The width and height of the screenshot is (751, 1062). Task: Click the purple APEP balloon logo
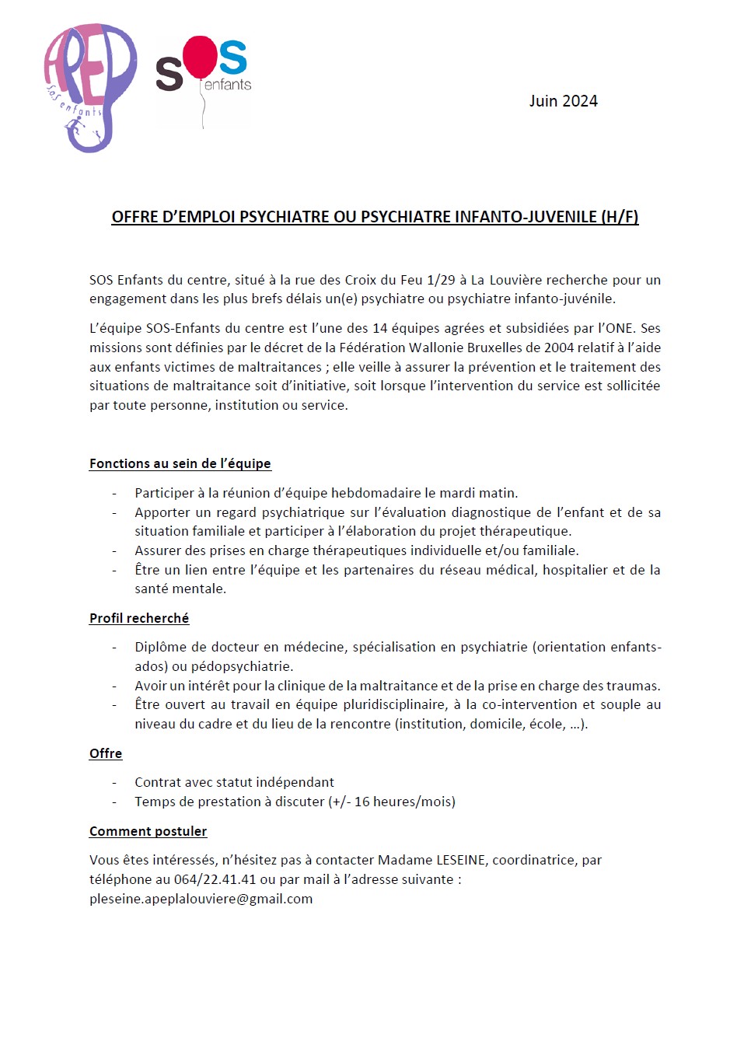(x=89, y=86)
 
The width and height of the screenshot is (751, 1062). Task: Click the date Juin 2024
(x=563, y=101)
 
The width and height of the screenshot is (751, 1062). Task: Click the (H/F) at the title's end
(x=620, y=217)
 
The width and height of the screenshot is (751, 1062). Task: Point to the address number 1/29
(x=441, y=280)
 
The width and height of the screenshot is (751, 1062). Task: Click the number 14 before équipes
(x=380, y=328)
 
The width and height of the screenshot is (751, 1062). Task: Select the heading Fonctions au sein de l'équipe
(x=180, y=463)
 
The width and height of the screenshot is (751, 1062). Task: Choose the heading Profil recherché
(x=139, y=618)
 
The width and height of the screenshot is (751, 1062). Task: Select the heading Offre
(x=106, y=753)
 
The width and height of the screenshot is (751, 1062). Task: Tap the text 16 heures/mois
(x=403, y=802)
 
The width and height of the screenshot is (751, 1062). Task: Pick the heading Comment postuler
(x=148, y=831)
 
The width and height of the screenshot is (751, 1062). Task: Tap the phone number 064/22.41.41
(x=215, y=879)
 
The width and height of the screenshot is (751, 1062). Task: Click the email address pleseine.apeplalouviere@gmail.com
(x=201, y=899)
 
